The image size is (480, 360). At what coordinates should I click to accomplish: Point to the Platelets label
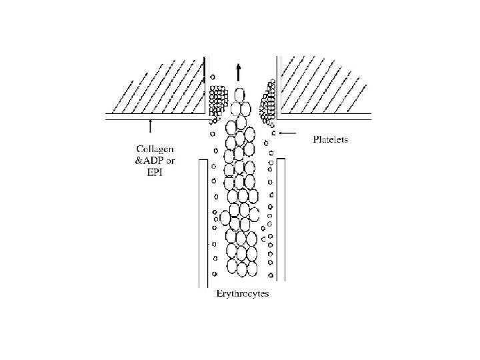pyautogui.click(x=331, y=140)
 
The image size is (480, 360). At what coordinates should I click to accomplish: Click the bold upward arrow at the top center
pyautogui.click(x=239, y=71)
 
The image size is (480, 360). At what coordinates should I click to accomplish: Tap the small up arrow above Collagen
pyautogui.click(x=150, y=124)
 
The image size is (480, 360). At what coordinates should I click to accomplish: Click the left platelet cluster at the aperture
pyautogui.click(x=217, y=100)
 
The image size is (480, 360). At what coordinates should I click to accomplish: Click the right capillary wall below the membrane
pyautogui.click(x=281, y=220)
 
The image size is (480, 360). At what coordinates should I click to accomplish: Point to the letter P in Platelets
pyautogui.click(x=315, y=140)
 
